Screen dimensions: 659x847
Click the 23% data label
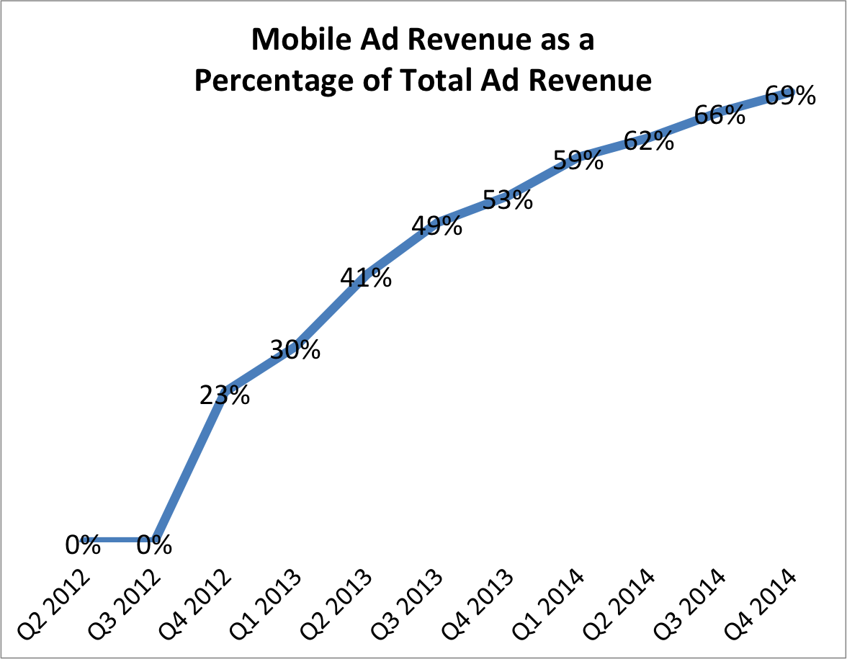[x=225, y=395]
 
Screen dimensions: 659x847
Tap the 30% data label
[x=295, y=350]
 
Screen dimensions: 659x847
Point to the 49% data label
[x=436, y=226]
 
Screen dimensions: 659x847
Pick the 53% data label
[x=508, y=200]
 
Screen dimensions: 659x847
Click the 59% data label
[x=578, y=160]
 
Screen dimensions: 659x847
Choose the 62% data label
[x=649, y=140]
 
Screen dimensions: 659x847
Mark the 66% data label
[x=720, y=115]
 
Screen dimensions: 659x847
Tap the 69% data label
[x=790, y=96]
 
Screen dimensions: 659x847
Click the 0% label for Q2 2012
[x=83, y=545]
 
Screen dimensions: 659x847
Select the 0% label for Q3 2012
[x=154, y=545]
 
